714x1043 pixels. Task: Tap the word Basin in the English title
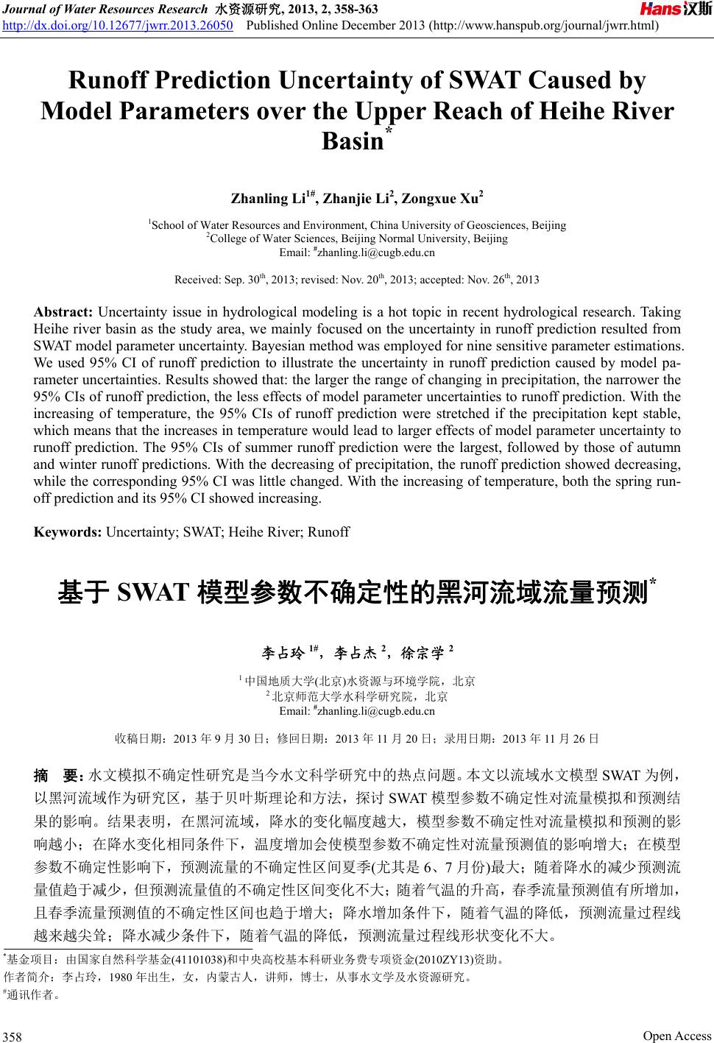[x=353, y=140]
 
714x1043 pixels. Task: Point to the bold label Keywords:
[x=68, y=531]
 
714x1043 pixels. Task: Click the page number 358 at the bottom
[x=13, y=1037]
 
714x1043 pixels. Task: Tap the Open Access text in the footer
[x=677, y=1036]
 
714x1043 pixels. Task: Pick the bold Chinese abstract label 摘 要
[x=58, y=776]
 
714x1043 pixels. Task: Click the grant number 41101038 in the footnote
[x=198, y=960]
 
